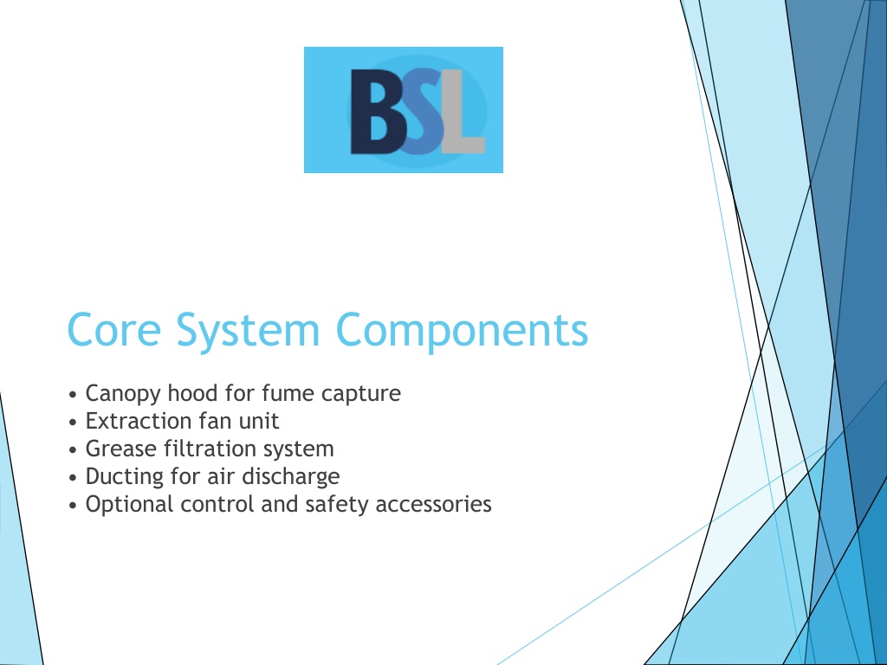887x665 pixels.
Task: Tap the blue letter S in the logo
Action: (422, 112)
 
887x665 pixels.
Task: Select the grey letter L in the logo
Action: (463, 112)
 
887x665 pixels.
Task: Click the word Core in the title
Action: (114, 330)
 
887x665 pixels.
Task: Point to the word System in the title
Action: (249, 332)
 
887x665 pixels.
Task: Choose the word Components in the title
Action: (463, 332)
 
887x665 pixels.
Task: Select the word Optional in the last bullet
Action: (130, 505)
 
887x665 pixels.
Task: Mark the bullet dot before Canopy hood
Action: (73, 395)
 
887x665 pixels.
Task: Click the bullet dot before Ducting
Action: (73, 478)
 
